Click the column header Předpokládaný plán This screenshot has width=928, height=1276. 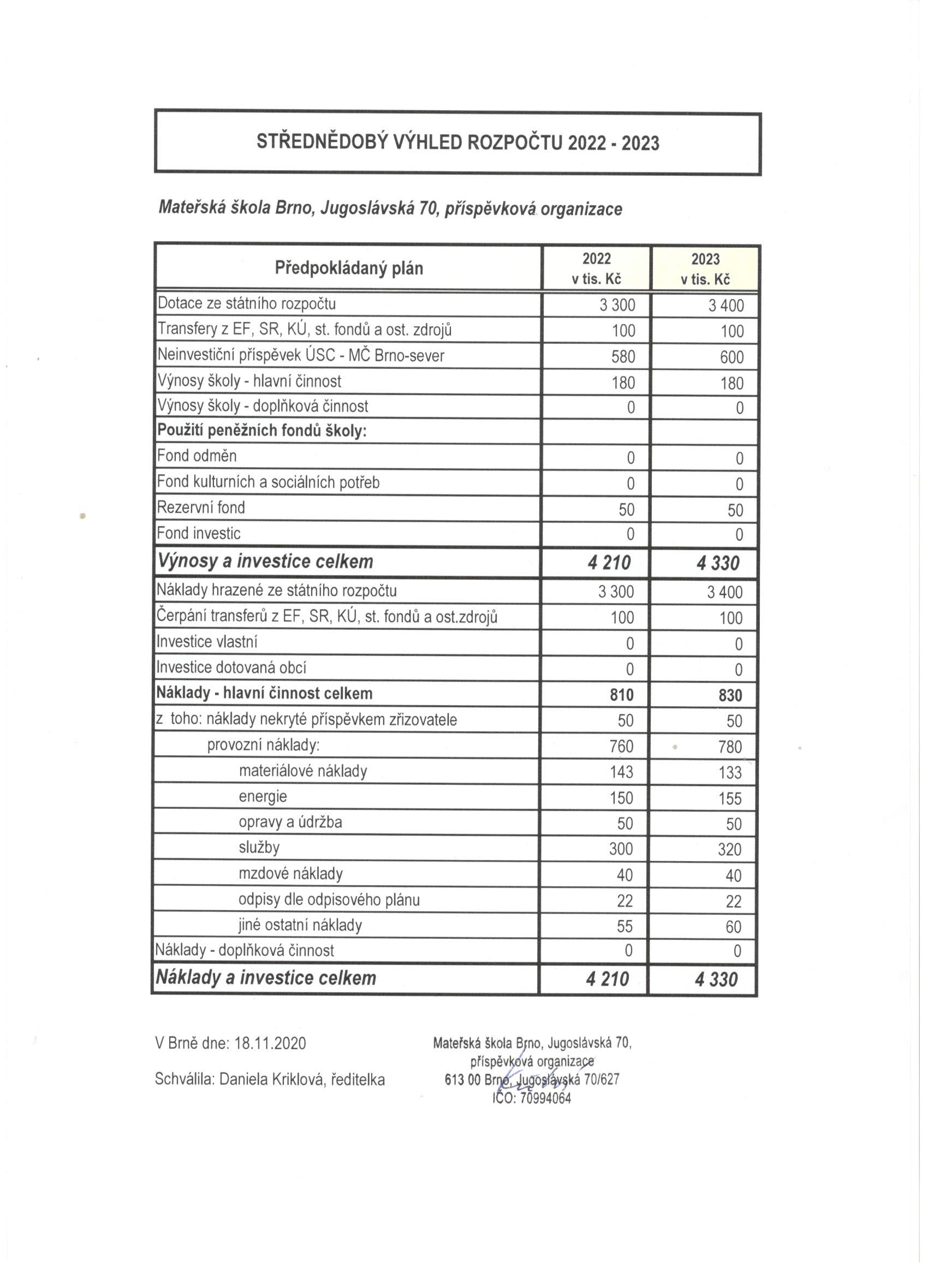tap(348, 269)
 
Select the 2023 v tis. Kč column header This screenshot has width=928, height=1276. tap(705, 269)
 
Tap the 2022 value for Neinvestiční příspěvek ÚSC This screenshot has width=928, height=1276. tap(623, 357)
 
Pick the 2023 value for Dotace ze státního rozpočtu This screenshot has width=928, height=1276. tap(726, 306)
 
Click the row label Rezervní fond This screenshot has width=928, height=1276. tap(201, 508)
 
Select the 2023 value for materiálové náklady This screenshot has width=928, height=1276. tap(730, 772)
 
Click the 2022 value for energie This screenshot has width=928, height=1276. tap(621, 798)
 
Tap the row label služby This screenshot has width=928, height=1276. tap(259, 847)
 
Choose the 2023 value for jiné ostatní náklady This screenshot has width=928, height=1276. tap(733, 927)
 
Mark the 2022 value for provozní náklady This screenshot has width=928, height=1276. tap(621, 747)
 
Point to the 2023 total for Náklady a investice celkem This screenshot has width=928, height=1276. tap(716, 980)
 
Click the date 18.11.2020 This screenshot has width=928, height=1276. tap(270, 1044)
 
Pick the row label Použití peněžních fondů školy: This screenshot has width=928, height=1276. tap(261, 431)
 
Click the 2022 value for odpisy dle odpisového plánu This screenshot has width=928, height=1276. tap(624, 901)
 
